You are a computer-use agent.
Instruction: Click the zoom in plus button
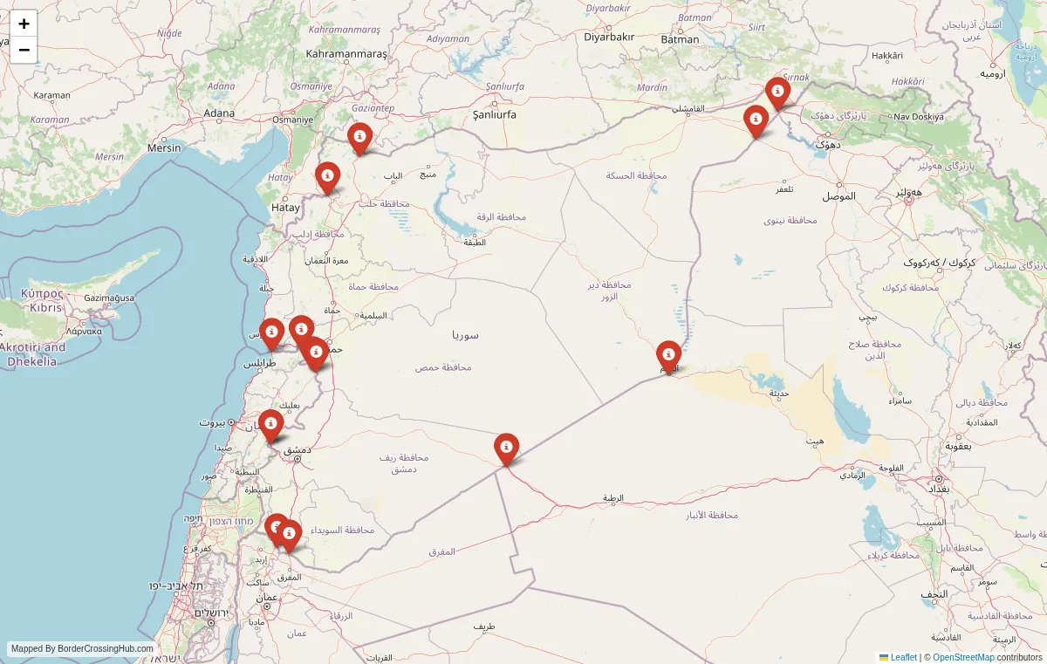(x=24, y=24)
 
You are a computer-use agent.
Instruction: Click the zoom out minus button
(x=24, y=50)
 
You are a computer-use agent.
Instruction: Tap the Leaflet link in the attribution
(x=903, y=657)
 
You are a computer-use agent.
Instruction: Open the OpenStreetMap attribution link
(x=963, y=657)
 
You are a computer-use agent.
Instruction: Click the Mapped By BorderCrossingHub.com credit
(x=82, y=648)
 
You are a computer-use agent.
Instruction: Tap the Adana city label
(x=219, y=113)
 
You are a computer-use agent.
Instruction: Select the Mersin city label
(x=164, y=147)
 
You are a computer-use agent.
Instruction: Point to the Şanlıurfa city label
(x=494, y=114)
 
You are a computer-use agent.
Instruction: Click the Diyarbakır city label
(x=609, y=37)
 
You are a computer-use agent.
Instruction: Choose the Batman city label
(x=680, y=39)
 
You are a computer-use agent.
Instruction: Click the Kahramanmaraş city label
(x=346, y=54)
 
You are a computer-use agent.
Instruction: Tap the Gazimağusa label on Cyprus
(x=109, y=298)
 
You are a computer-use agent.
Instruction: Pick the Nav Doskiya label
(x=919, y=116)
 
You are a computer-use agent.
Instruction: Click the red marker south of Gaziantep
(x=359, y=138)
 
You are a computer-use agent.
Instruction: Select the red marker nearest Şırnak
(x=777, y=92)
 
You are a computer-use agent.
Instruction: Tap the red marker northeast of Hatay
(x=327, y=176)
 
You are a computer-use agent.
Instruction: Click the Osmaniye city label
(x=292, y=120)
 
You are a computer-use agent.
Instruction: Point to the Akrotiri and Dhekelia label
(x=32, y=353)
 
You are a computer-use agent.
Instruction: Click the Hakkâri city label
(x=886, y=56)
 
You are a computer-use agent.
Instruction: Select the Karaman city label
(x=51, y=95)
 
